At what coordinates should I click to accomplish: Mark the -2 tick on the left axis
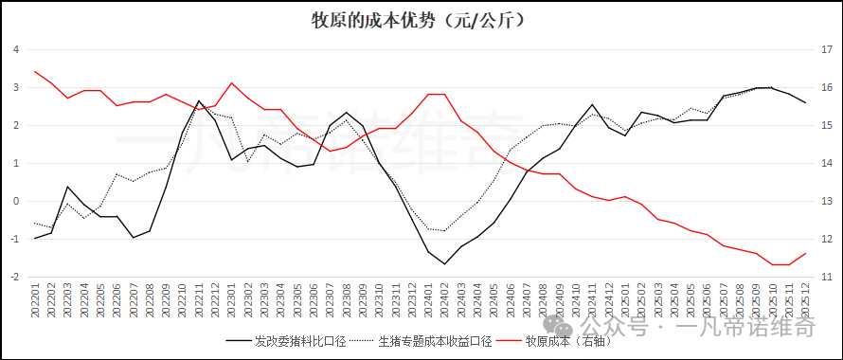pyautogui.click(x=14, y=277)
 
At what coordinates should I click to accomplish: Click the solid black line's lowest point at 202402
pyautogui.click(x=444, y=263)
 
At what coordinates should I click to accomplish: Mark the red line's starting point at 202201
pyautogui.click(x=35, y=71)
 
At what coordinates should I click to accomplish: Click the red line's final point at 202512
pyautogui.click(x=805, y=253)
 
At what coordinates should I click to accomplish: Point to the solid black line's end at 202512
pyautogui.click(x=805, y=102)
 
